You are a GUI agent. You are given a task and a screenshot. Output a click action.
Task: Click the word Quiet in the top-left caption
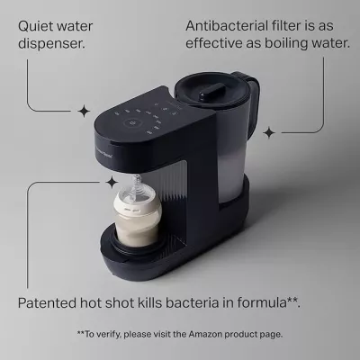pos(35,26)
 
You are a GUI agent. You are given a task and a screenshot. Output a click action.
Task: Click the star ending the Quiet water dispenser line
pos(85,111)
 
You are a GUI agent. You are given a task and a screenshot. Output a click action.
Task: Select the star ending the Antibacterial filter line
pos(268,132)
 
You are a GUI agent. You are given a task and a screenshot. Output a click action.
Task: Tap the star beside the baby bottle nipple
pos(112,182)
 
